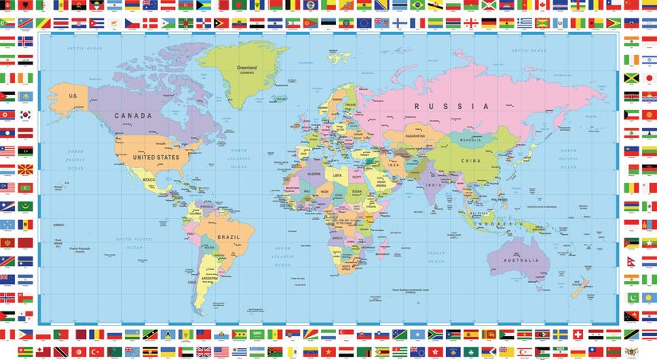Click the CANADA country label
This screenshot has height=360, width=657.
point(133,115)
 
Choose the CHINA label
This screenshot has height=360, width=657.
point(470,160)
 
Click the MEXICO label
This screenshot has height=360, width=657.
point(148,181)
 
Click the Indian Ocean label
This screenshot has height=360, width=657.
point(434,256)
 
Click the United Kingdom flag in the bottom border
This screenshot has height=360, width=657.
point(204,351)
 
